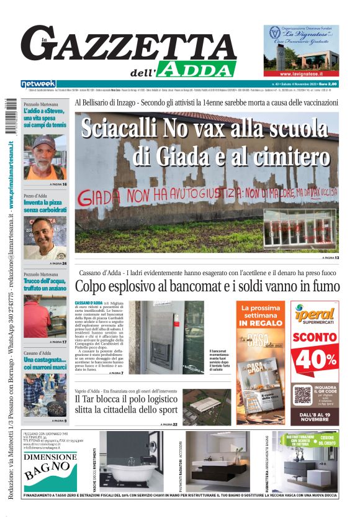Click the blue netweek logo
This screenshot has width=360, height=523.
(38, 84)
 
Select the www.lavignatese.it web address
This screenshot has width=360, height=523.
(301, 73)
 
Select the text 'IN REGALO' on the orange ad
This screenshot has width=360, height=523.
(261, 323)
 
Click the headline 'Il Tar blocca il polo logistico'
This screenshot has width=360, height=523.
(124, 399)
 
